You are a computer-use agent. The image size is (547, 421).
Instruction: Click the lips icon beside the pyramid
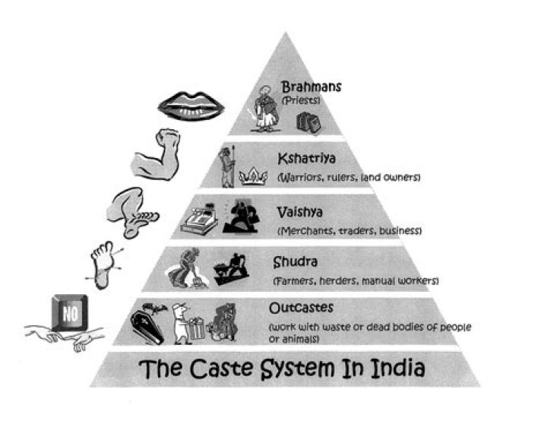tap(185, 103)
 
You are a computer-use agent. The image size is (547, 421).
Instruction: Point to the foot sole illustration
tap(103, 261)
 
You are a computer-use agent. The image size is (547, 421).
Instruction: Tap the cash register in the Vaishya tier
tap(198, 220)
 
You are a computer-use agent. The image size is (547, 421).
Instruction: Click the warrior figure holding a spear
tap(226, 167)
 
